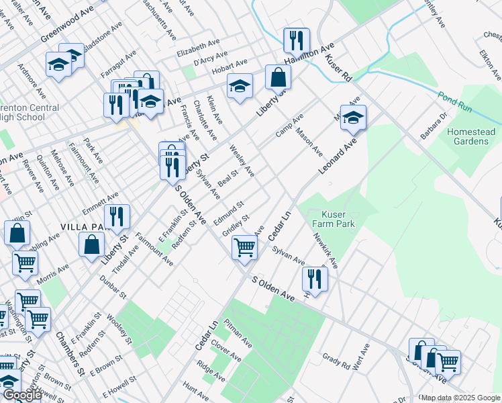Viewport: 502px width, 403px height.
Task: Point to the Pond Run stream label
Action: point(455,98)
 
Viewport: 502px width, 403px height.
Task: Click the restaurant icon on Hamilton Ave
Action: point(295,40)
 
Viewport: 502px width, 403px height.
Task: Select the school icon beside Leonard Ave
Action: point(353,118)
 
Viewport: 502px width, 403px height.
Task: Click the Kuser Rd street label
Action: point(338,68)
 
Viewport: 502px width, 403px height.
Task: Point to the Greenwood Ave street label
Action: point(67,25)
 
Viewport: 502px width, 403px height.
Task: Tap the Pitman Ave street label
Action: point(239,332)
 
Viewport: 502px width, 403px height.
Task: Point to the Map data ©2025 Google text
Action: point(460,398)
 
